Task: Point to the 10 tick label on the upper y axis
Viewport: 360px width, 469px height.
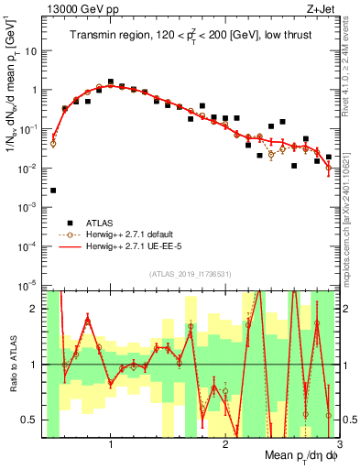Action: pos(32,51)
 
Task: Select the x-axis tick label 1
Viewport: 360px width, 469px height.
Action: pos(111,445)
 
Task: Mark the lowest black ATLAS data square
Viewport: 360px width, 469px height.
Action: pos(53,191)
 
